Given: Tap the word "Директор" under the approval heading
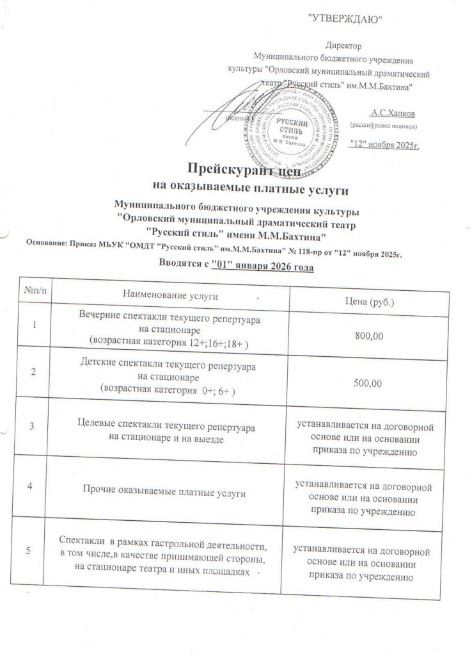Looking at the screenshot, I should [x=343, y=46].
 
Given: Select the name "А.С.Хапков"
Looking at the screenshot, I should [x=393, y=113].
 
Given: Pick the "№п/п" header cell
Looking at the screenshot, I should [x=35, y=291].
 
